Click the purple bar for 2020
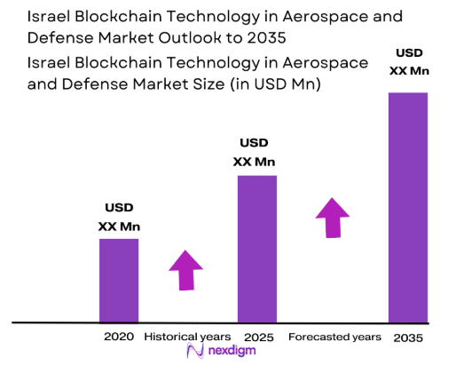[x=118, y=280]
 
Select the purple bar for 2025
[x=256, y=248]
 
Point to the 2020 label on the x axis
[x=118, y=337]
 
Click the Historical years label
[x=187, y=337]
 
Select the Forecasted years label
[x=334, y=337]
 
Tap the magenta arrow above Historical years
[x=186, y=270]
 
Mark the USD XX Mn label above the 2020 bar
[x=118, y=219]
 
